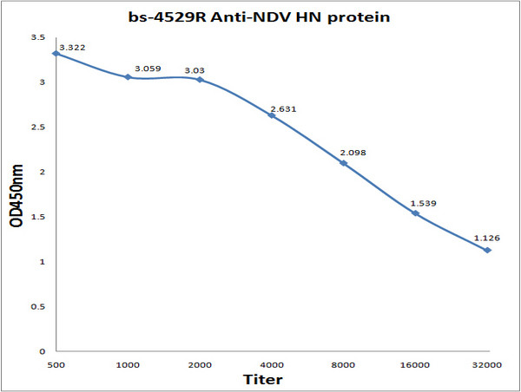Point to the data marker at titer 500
coord(56,53)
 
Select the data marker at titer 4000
coord(272,115)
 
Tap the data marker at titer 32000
coord(488,251)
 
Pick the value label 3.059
coord(143,68)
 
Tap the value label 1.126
coord(487,238)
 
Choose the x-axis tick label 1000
coord(128,366)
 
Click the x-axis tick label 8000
coord(344,366)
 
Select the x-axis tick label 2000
coord(200,366)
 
